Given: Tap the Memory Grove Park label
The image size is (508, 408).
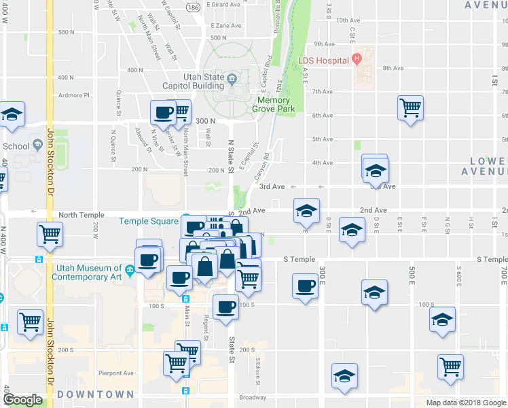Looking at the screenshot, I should (x=274, y=104).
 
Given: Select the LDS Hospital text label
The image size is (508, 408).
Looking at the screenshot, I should (x=323, y=60).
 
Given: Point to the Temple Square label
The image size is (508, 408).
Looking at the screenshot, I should (x=149, y=221).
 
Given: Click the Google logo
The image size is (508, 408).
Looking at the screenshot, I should (x=22, y=400).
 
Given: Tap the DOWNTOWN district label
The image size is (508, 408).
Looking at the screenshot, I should (x=95, y=394).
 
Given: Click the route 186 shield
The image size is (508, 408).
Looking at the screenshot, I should (x=194, y=7).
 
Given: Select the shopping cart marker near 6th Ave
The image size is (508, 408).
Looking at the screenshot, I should (x=411, y=107).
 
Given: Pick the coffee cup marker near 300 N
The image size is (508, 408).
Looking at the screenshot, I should (x=163, y=112).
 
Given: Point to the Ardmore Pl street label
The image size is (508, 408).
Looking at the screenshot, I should (x=74, y=95).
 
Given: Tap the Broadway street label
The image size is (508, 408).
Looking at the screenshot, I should (x=253, y=397).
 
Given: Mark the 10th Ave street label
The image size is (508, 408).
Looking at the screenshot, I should (x=347, y=20).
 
